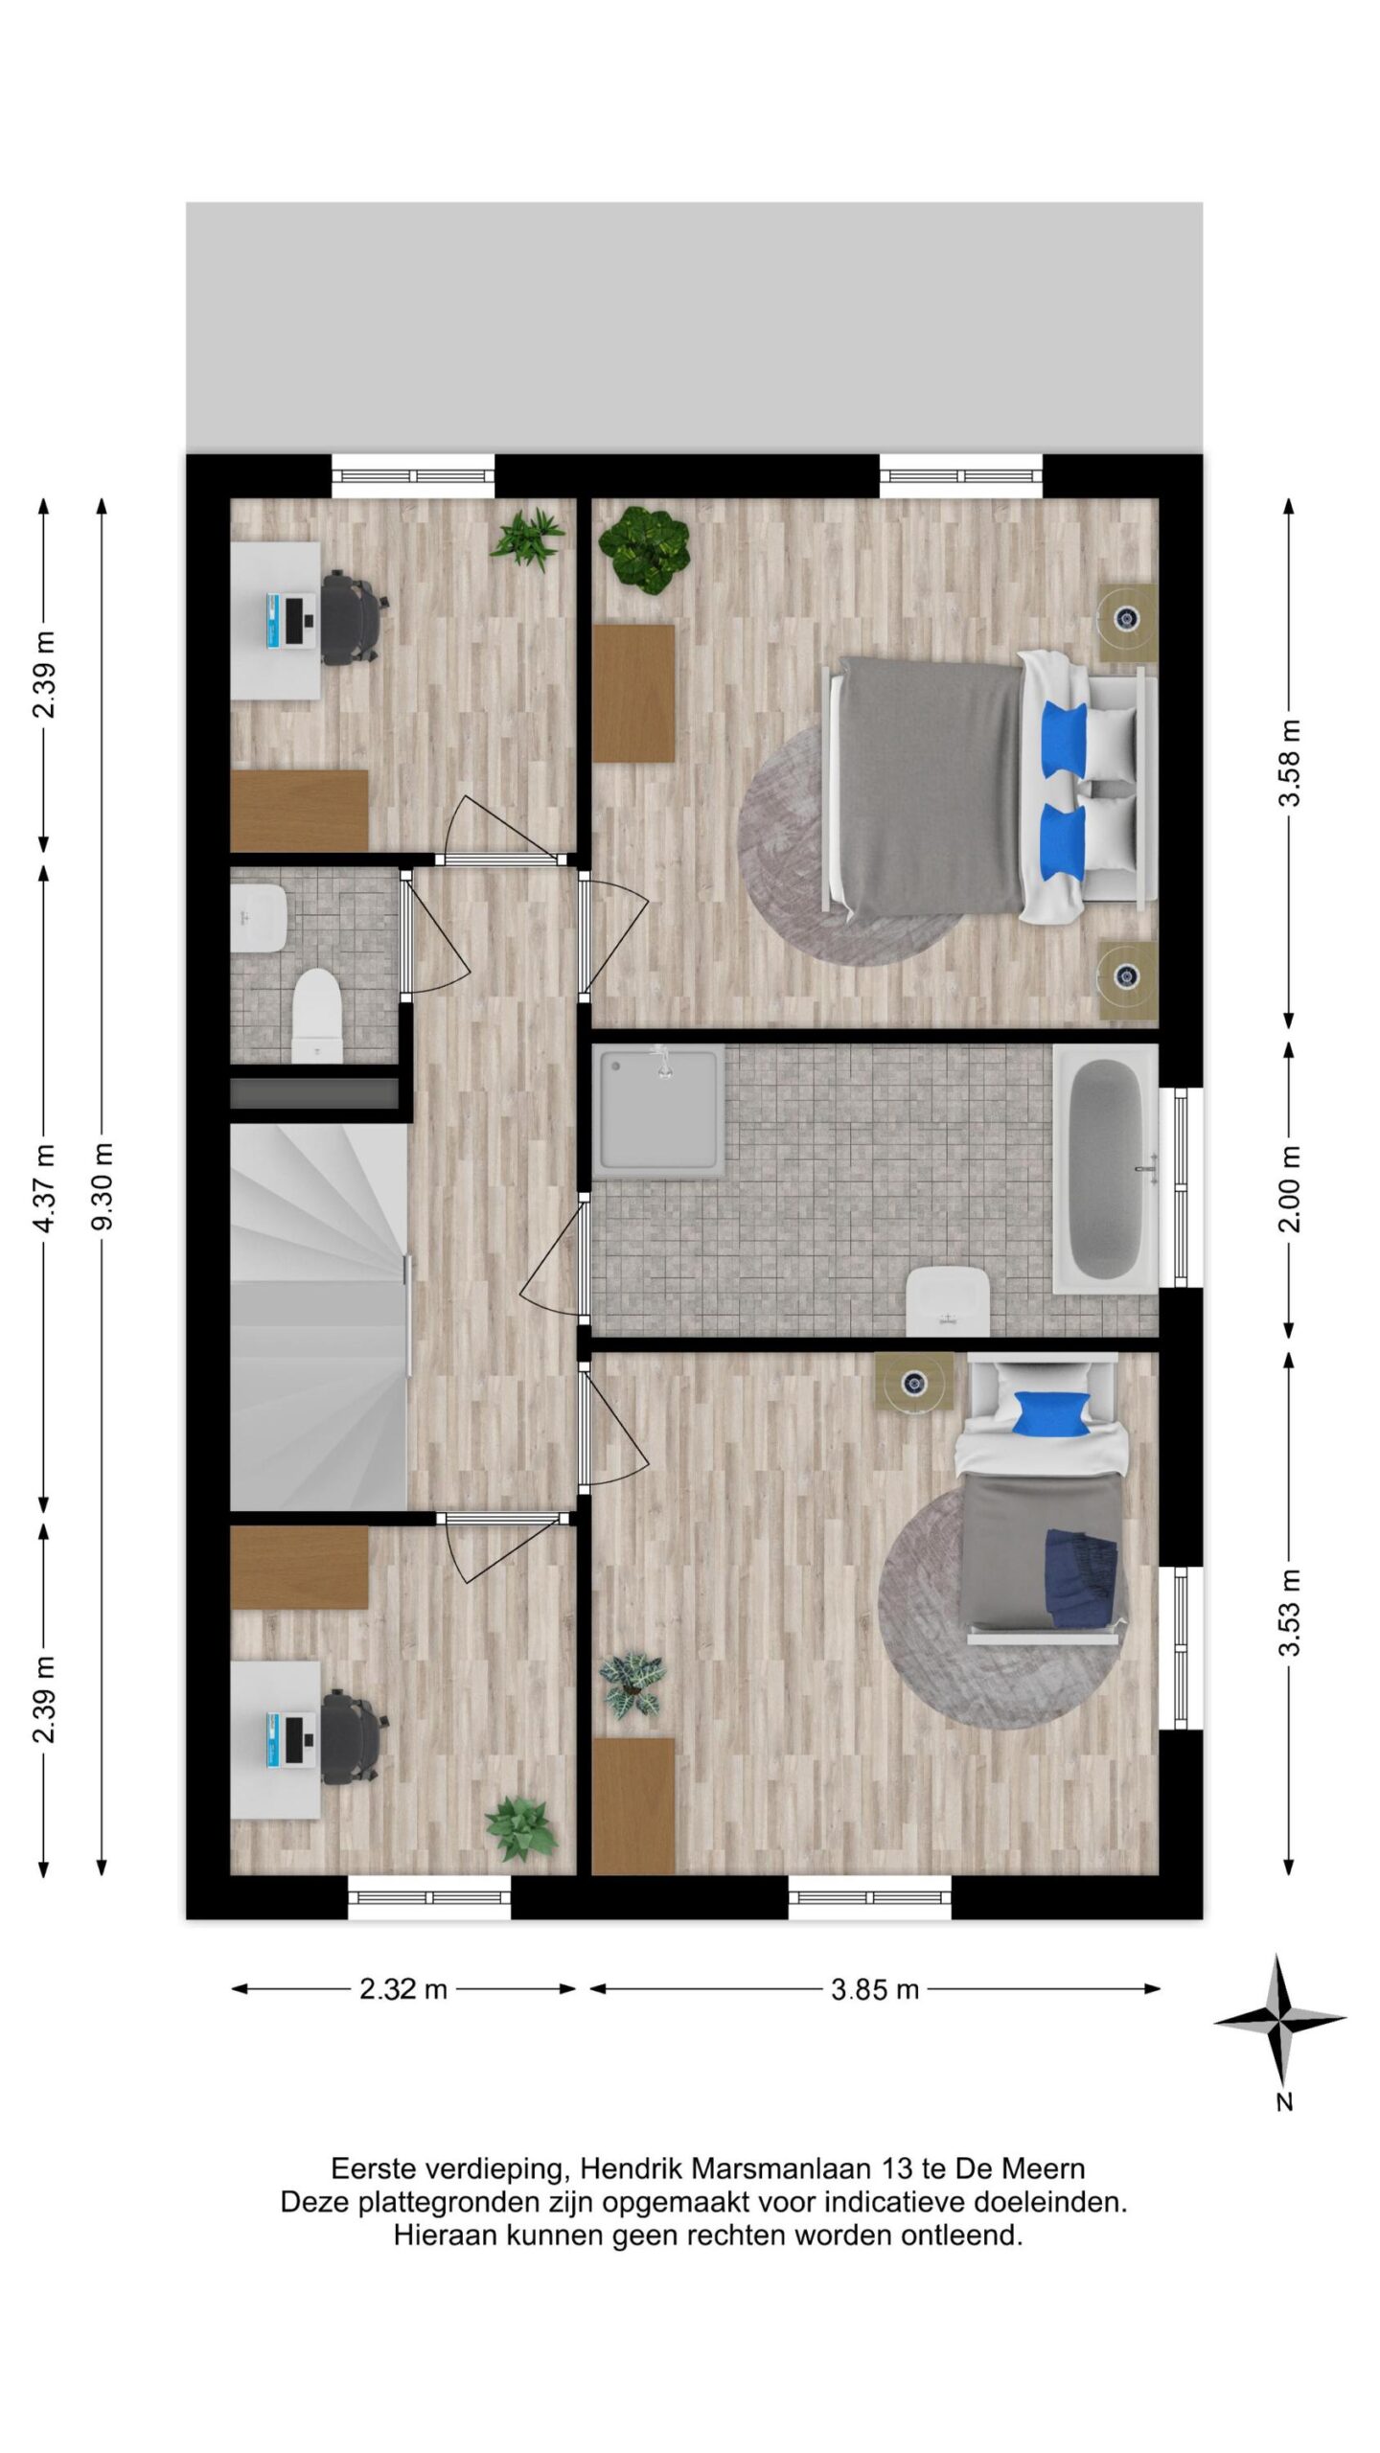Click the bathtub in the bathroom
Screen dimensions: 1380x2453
coord(1107,1167)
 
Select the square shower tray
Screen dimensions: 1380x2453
coord(658,1110)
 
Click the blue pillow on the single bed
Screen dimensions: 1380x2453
coord(1052,1413)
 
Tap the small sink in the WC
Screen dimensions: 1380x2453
coord(259,917)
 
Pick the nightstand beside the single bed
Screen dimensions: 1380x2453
coord(914,1381)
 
